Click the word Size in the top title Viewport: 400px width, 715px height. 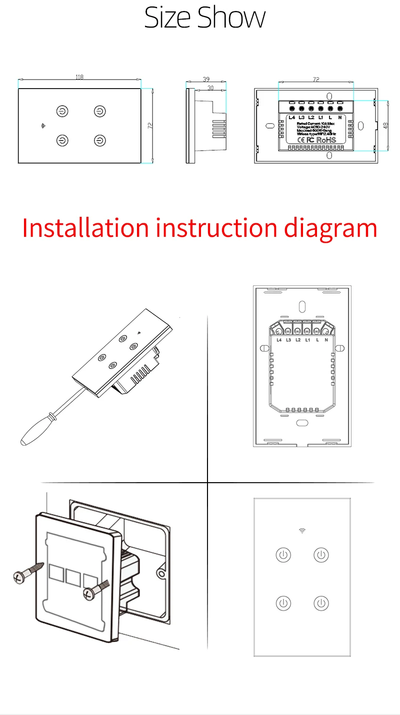point(168,18)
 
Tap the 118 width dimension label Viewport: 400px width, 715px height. point(79,77)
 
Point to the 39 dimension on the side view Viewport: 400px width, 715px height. point(206,80)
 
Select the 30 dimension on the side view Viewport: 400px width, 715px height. point(210,88)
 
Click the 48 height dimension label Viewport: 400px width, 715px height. point(385,125)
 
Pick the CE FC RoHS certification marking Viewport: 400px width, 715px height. point(314,140)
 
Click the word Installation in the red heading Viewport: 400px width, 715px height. point(85,228)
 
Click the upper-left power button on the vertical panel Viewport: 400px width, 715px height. point(283,555)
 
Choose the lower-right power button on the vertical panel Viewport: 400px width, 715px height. point(321,603)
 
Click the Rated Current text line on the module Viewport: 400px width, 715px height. point(315,123)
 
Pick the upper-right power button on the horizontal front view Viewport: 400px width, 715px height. point(100,111)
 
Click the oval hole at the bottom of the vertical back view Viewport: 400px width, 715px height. point(301,423)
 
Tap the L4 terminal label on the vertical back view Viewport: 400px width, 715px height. point(279,340)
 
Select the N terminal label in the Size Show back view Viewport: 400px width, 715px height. point(339,117)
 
